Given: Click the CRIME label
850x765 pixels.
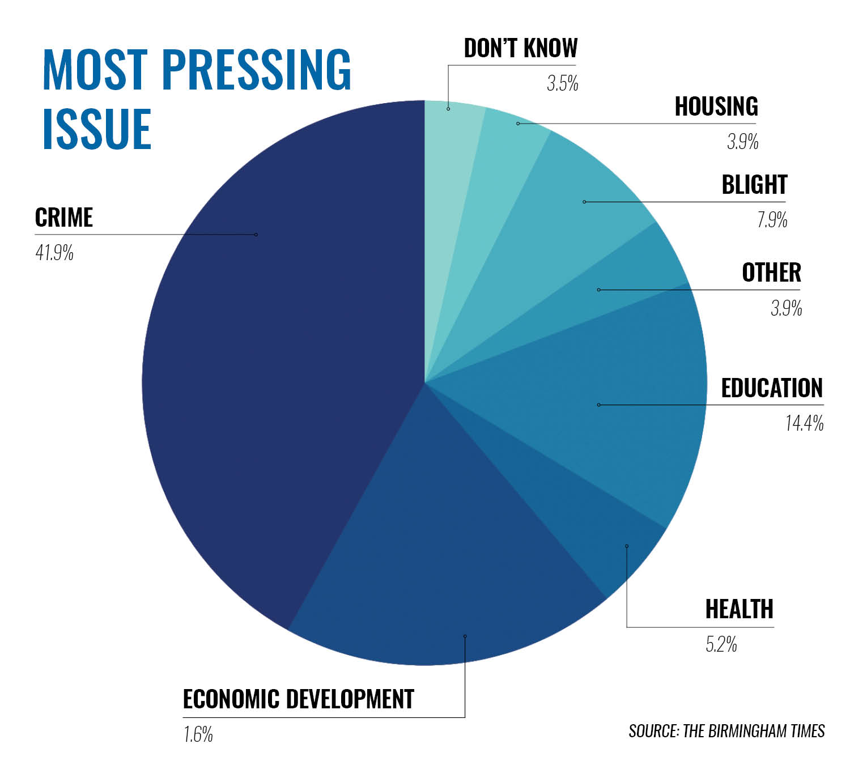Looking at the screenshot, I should click(x=63, y=218).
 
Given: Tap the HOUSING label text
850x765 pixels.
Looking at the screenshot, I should click(x=716, y=107).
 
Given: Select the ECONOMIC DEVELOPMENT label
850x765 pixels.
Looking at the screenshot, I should click(x=298, y=699).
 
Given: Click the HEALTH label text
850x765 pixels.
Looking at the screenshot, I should click(x=739, y=609).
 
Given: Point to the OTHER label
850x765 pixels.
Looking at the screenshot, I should click(x=771, y=273).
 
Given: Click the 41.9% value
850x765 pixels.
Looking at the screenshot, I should click(x=54, y=253).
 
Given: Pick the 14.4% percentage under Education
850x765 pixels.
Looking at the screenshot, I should click(x=804, y=423).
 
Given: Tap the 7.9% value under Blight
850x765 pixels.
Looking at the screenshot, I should click(x=772, y=219).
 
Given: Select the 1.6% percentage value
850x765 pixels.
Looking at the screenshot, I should click(x=198, y=735).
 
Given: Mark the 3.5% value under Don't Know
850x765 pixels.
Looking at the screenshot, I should click(x=562, y=84).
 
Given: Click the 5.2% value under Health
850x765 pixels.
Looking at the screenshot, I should click(x=721, y=644).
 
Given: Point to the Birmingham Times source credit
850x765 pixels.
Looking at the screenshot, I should click(x=726, y=731).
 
